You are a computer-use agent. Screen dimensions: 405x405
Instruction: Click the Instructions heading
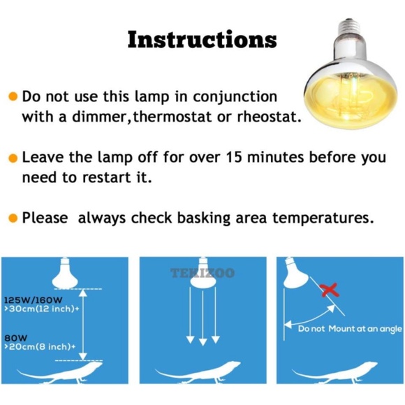202,40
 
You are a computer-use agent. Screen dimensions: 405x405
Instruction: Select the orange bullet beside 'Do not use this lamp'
13,96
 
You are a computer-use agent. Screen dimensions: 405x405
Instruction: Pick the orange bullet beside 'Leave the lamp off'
13,158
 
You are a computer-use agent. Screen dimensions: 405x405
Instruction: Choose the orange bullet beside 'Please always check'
13,219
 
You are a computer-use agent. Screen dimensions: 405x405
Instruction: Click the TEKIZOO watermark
202,274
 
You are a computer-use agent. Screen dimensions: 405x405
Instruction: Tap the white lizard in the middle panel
202,374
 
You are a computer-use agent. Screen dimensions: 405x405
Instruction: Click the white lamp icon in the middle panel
202,276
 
